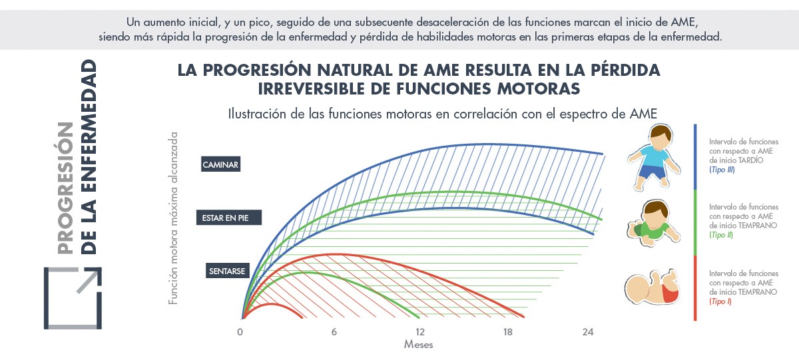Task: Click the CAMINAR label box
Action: click(220, 164)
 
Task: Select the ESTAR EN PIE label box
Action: click(228, 218)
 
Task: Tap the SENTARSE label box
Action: click(227, 271)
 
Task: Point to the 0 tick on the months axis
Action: click(240, 332)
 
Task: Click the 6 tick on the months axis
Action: click(334, 332)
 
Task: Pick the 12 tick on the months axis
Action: click(420, 332)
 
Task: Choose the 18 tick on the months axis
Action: click(507, 332)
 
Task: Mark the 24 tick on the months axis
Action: click(588, 332)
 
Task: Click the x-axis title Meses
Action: click(418, 344)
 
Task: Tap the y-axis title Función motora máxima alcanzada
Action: click(173, 218)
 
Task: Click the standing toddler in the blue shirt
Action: click(654, 157)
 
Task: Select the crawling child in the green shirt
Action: click(653, 223)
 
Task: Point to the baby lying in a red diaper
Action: click(652, 287)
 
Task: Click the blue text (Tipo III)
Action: click(722, 170)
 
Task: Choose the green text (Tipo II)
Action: click(721, 235)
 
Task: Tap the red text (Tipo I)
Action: click(720, 301)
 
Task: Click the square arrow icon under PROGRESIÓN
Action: click(73, 298)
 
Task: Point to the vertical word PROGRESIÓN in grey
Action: click(65, 188)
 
